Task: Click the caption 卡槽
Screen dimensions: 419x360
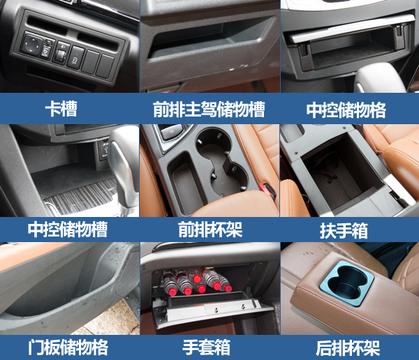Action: (x=61, y=109)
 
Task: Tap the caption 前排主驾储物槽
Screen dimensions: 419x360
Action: (x=209, y=110)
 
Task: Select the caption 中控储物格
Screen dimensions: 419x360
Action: (x=346, y=110)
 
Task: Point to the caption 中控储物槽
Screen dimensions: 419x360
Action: (x=68, y=229)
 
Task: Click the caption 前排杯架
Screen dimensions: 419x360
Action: (x=210, y=230)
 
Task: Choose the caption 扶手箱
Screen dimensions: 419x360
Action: (x=344, y=230)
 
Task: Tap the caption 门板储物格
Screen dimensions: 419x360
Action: (x=68, y=347)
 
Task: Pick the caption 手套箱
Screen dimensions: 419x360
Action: (x=206, y=347)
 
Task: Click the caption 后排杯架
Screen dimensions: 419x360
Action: (x=348, y=347)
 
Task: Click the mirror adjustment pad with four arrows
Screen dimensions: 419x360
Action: (x=31, y=43)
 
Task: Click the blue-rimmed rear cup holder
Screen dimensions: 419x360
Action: (x=346, y=284)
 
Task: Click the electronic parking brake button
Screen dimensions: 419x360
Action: (x=172, y=132)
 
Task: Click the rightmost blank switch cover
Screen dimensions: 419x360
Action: (x=105, y=66)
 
